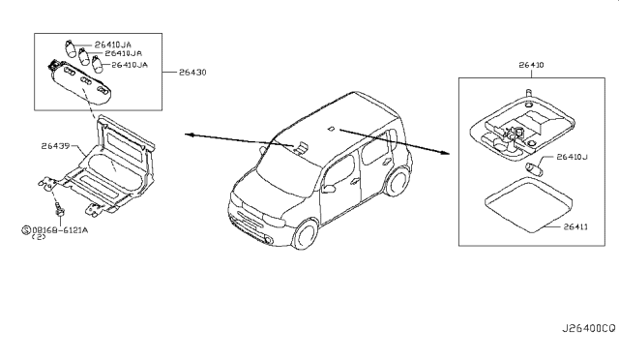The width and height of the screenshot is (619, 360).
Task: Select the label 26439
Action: click(56, 146)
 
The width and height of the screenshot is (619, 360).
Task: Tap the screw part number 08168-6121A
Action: click(62, 228)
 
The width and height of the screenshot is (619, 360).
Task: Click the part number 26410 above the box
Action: click(532, 66)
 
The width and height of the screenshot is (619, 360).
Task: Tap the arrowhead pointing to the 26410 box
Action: click(449, 153)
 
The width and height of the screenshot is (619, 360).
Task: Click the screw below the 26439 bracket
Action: click(59, 208)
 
